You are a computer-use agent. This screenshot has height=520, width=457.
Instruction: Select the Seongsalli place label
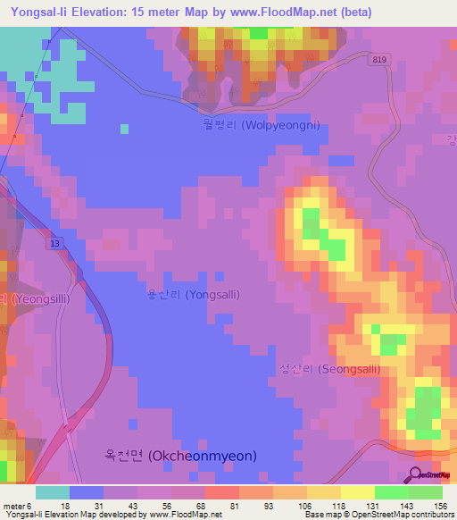(x=329, y=369)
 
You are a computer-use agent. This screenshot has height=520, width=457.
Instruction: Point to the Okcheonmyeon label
(x=179, y=456)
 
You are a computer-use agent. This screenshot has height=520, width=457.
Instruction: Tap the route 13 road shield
(x=56, y=243)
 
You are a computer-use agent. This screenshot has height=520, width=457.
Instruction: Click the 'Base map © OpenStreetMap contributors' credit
(x=376, y=516)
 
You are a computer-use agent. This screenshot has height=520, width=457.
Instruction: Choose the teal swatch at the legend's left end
(x=53, y=492)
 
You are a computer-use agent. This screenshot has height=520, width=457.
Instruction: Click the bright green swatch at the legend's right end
(x=425, y=492)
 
